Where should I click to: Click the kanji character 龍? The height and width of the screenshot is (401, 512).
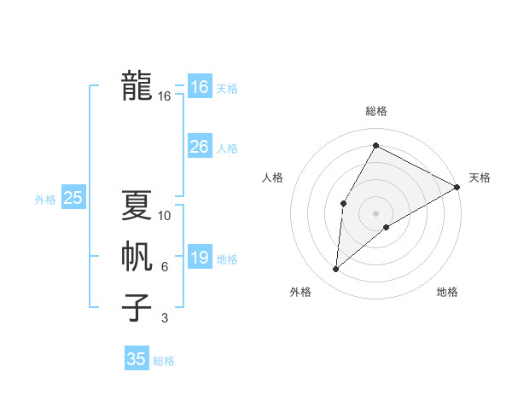click(137, 86)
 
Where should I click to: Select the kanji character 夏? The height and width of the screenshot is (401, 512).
click(137, 205)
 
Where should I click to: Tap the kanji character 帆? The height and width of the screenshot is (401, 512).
click(137, 257)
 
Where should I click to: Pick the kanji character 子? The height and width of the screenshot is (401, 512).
click(137, 307)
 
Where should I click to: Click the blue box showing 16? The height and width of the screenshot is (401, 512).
click(199, 86)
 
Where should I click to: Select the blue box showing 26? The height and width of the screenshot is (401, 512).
click(199, 147)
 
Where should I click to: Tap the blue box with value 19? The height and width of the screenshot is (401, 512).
click(199, 258)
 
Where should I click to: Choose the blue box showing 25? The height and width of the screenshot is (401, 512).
click(73, 198)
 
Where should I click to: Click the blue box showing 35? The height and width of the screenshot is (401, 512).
click(137, 359)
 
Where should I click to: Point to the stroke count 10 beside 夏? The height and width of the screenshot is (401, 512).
click(165, 216)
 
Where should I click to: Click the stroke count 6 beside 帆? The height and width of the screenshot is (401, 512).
click(165, 268)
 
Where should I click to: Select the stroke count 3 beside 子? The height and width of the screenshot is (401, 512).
click(165, 318)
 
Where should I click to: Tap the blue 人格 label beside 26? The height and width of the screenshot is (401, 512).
click(227, 148)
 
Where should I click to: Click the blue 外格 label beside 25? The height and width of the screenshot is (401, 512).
click(45, 200)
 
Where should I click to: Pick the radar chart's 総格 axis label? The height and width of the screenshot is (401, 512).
click(375, 112)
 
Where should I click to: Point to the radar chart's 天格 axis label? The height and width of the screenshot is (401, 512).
click(480, 177)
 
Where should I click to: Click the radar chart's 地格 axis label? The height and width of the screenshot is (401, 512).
click(447, 293)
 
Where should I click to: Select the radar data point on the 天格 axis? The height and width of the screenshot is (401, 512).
click(457, 187)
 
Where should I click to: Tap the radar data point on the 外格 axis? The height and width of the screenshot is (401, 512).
click(336, 270)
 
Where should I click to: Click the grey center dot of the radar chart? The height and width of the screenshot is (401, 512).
click(375, 212)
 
